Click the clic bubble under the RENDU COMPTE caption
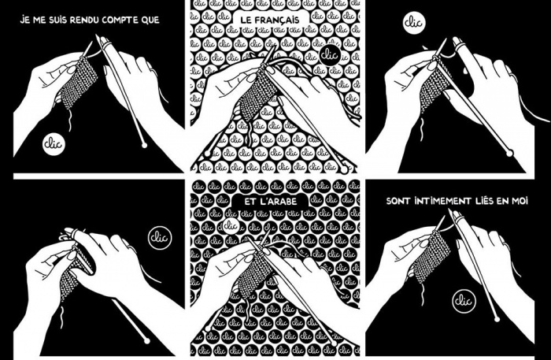54,143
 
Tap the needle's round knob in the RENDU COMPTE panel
143,146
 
